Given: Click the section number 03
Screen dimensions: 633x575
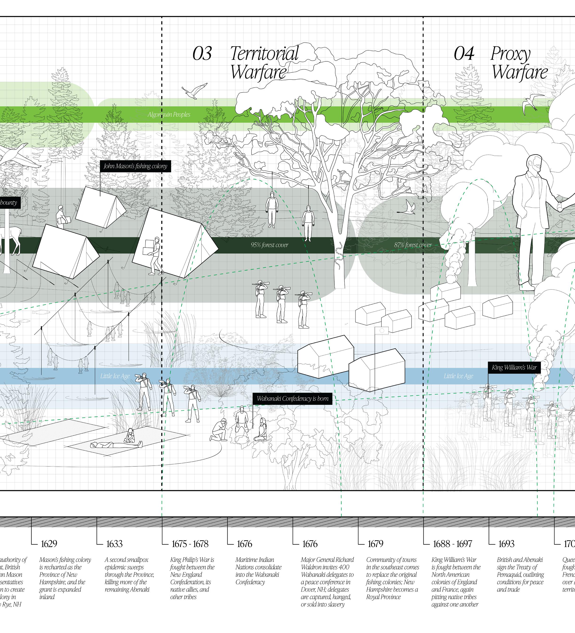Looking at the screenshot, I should (202, 54).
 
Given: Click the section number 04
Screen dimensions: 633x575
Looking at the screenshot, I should (464, 54).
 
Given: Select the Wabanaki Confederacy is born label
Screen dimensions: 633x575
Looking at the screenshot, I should (292, 399).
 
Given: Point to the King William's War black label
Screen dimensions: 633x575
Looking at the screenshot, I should (514, 367).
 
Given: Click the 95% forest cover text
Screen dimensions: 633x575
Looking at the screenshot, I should (269, 245).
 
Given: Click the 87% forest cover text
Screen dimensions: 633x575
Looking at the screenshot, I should (413, 245).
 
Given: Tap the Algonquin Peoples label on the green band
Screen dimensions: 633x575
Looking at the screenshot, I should (169, 115).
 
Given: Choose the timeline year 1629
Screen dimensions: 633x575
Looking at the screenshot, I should (49, 544).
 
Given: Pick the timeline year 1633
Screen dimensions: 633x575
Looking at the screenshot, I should (114, 544).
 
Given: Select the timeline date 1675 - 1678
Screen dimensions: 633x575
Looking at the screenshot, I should (190, 544).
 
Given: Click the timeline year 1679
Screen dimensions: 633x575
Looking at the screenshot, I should (375, 544).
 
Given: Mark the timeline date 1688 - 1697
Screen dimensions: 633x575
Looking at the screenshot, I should (452, 544).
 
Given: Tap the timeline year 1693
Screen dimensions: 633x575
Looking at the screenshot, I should (506, 544).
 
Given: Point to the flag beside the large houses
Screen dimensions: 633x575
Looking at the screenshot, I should (382, 330).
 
